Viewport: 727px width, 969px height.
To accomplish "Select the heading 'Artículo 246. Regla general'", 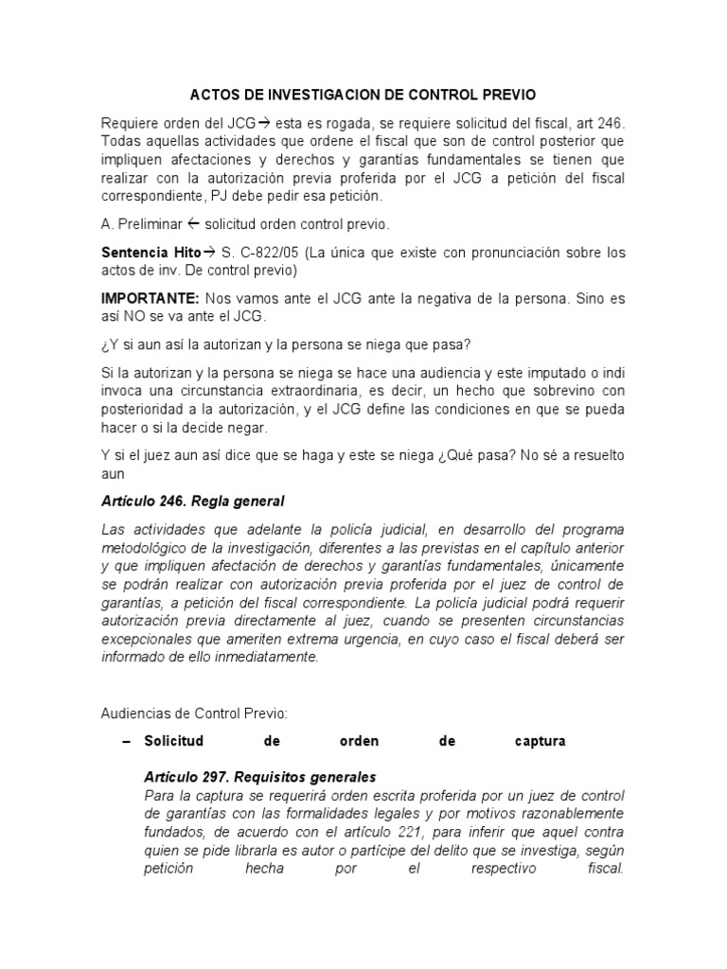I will (193, 500).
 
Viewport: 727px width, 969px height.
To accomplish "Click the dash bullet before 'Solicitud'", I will (126, 742).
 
